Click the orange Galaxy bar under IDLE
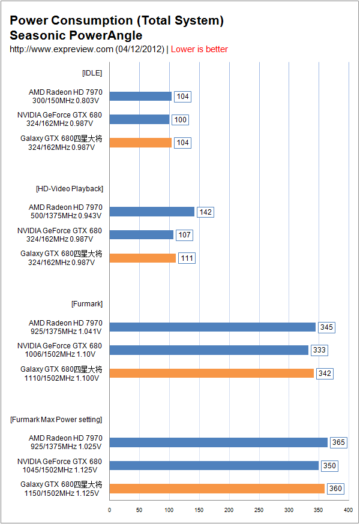coord(140,143)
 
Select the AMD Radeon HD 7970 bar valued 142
coord(152,212)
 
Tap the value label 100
coord(180,120)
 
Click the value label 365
coord(338,442)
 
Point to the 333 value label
coord(319,350)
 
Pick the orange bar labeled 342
coord(211,373)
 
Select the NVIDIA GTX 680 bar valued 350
coord(214,465)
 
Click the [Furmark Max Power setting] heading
coord(56,419)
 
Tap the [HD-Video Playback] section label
coord(69,189)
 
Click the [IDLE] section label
coord(92,73)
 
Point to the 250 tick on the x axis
coord(259,510)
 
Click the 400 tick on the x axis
coord(348,510)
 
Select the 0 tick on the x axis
coord(109,510)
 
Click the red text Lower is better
coord(199,49)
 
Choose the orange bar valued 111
coord(143,258)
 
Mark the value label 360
coord(335,489)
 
